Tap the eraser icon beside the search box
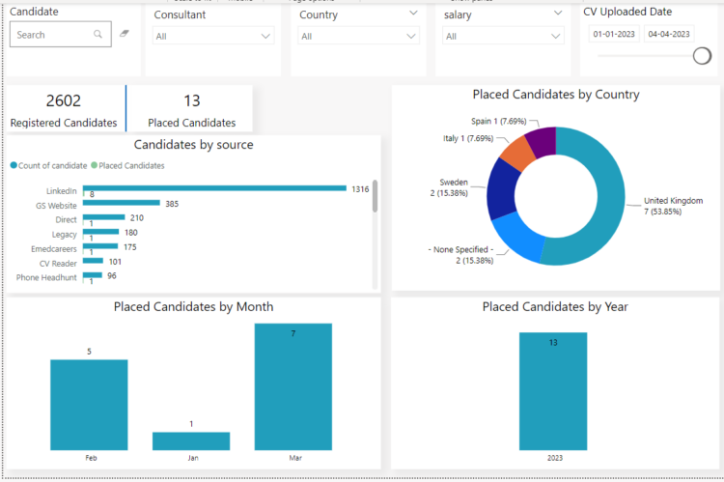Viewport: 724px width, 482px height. [124, 35]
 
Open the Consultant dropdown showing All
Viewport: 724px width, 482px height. [213, 36]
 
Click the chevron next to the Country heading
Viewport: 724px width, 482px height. [413, 14]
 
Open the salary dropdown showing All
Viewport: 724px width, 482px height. [503, 36]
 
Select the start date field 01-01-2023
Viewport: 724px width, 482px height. [613, 34]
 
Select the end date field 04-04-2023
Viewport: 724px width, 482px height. [669, 34]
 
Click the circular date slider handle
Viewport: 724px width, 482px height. [703, 56]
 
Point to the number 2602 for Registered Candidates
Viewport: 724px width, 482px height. [64, 101]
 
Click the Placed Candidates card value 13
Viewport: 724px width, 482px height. [191, 101]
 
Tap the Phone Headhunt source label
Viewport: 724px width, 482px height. [46, 277]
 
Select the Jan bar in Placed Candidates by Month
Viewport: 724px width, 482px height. [191, 440]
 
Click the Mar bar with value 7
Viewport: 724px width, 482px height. [293, 386]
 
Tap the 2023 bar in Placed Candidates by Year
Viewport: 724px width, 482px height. [553, 391]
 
